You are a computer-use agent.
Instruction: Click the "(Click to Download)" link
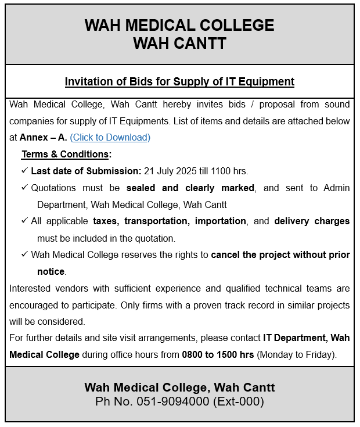[x=110, y=138]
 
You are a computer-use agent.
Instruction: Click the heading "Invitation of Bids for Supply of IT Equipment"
[x=179, y=81]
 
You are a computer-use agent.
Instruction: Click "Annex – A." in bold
[x=43, y=138]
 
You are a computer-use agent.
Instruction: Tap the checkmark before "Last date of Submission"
[x=24, y=171]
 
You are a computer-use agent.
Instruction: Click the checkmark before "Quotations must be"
[x=24, y=188]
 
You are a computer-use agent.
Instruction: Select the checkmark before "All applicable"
[x=24, y=221]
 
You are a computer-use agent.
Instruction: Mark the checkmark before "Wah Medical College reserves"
[x=24, y=255]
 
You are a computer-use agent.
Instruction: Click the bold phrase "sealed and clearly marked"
[x=190, y=188]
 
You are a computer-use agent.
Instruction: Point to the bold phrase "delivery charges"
[x=312, y=221]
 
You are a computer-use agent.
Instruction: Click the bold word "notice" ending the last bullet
[x=51, y=271]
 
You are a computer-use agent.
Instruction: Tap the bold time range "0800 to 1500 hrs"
[x=218, y=354]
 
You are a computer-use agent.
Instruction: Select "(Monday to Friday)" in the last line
[x=296, y=354]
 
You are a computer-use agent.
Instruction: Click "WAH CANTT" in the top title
[x=179, y=44]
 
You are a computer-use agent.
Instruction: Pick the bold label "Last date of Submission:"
[x=86, y=171]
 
